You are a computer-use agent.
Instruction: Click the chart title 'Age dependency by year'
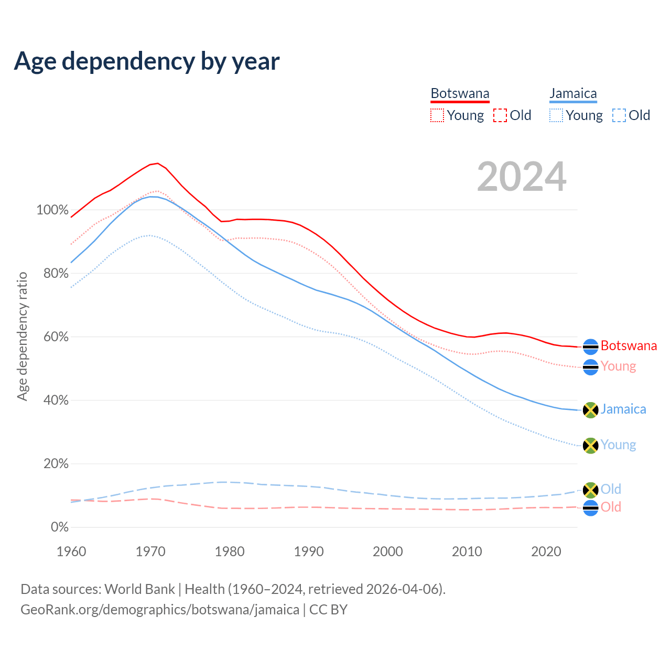point(147,61)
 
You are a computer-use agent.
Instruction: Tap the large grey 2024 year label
point(522,177)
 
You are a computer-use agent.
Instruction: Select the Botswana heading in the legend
point(460,93)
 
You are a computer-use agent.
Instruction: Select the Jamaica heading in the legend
point(573,93)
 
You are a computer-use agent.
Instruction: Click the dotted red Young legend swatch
point(437,115)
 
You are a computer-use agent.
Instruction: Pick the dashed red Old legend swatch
point(500,115)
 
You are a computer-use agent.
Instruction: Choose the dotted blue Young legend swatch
point(556,115)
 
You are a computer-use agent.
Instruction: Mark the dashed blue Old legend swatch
point(619,115)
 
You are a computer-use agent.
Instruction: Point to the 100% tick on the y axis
point(52,210)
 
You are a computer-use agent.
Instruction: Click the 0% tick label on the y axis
point(59,527)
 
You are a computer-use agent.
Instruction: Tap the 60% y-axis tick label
point(56,337)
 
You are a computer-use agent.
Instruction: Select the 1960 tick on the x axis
point(71,551)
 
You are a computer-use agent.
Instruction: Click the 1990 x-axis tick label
point(309,551)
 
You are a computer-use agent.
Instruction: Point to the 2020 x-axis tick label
point(546,551)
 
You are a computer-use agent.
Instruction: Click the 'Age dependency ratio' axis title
point(23,337)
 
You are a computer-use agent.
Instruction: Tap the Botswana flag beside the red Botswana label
point(591,347)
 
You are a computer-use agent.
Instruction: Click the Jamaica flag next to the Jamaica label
point(591,410)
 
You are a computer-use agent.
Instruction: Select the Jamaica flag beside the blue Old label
point(591,490)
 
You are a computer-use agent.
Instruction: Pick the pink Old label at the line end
point(611,507)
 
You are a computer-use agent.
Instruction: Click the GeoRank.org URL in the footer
point(160,610)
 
